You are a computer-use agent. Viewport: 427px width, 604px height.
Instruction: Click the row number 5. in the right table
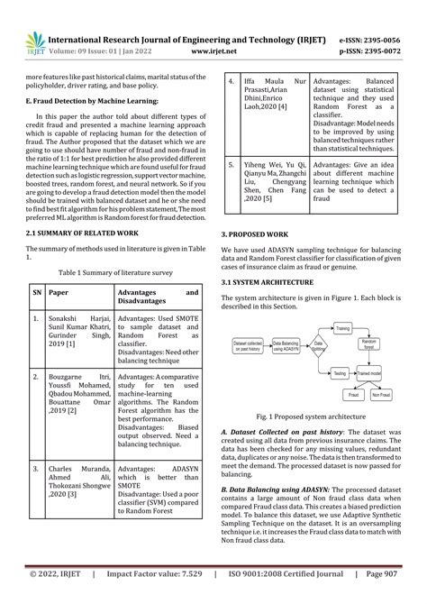pyautogui.click(x=232, y=166)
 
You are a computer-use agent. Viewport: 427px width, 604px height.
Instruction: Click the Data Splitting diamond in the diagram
pyautogui.click(x=318, y=344)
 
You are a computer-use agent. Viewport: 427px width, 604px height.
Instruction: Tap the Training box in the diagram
pyautogui.click(x=342, y=330)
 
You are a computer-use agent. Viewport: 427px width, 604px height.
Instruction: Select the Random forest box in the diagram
pyautogui.click(x=368, y=344)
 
